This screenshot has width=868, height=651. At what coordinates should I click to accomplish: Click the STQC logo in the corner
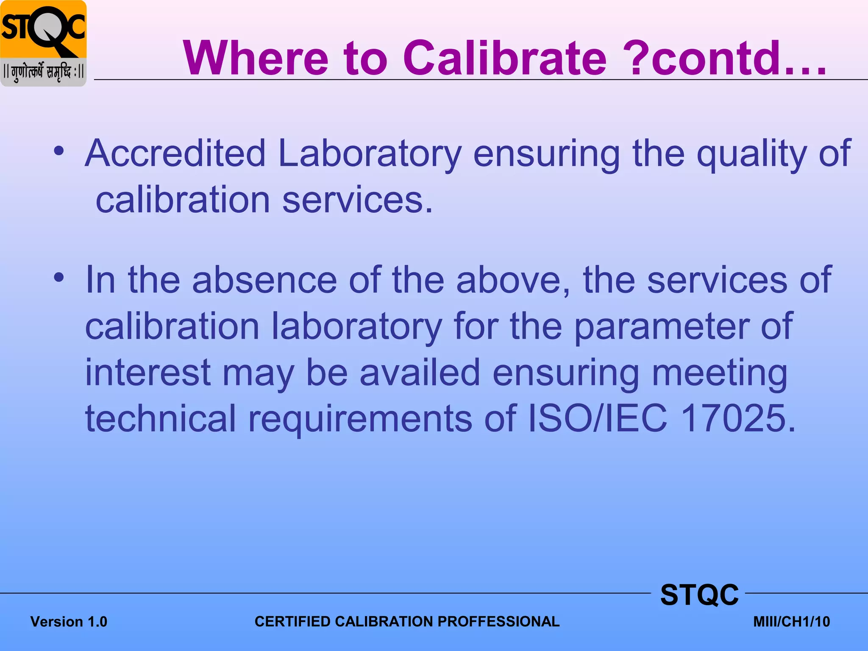43,43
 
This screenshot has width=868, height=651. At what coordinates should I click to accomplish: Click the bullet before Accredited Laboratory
59,151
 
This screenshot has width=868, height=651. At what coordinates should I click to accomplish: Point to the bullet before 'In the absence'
59,278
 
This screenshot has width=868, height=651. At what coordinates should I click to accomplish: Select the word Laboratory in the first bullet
370,153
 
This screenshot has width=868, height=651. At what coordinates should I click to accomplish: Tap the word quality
751,153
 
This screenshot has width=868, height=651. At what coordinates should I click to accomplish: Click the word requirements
360,419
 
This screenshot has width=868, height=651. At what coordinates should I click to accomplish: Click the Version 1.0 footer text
69,622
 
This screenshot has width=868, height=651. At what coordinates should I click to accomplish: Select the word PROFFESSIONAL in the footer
498,621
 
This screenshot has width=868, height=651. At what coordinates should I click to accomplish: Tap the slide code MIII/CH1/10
791,622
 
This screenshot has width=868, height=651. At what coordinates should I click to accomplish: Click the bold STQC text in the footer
699,595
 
